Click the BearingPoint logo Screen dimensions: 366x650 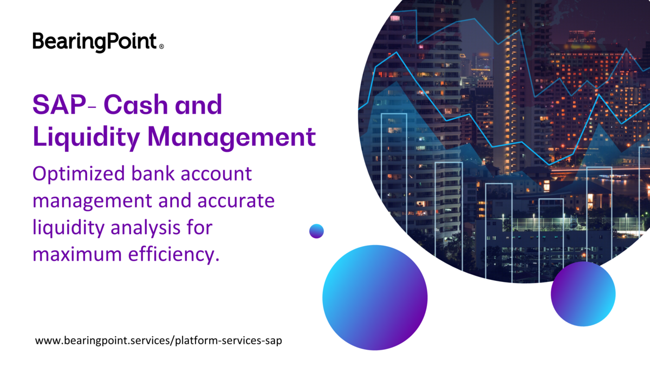95,41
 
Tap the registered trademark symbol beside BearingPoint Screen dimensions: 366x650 161,47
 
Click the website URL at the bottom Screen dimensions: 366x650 159,341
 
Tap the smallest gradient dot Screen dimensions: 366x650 316,231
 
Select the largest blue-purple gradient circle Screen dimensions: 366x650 375,297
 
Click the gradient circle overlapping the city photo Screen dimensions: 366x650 583,294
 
